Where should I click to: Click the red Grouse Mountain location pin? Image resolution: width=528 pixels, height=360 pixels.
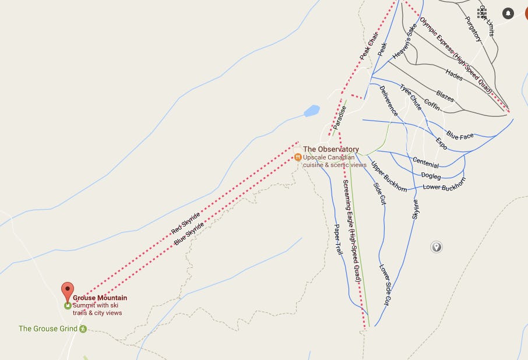point(68,290)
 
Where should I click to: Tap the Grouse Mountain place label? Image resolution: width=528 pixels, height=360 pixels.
point(100,298)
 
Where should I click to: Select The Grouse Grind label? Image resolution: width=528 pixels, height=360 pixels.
point(48,329)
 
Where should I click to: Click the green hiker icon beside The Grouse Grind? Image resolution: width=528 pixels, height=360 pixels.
point(83,329)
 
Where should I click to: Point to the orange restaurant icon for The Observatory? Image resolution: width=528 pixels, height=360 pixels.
point(298,157)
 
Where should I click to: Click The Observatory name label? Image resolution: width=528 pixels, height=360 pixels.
point(330,150)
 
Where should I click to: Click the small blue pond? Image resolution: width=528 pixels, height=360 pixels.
point(312,111)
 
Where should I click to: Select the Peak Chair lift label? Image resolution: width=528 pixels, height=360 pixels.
point(365,45)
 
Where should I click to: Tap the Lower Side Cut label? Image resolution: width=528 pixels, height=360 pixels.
point(385,285)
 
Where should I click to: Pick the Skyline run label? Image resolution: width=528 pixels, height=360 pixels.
point(416,207)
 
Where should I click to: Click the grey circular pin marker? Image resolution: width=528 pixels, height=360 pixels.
point(436,247)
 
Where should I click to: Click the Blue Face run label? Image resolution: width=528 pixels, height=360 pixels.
point(460,136)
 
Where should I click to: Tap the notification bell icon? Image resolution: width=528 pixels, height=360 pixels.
point(508,13)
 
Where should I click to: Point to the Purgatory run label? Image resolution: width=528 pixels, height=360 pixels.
point(473,28)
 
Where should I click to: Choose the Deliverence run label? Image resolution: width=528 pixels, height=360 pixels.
point(389,100)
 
